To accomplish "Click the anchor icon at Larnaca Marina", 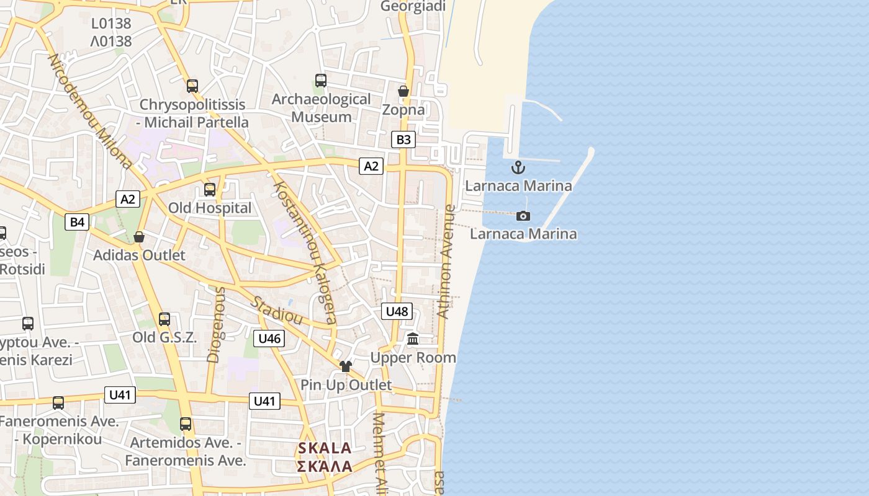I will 518,167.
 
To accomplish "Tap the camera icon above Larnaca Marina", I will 523,216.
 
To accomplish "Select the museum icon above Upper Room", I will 413,339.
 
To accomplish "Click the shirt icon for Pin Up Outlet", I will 346,366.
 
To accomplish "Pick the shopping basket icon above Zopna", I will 403,91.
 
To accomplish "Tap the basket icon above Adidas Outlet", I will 139,237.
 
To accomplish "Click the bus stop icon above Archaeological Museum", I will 320,81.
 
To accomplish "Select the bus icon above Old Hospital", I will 210,189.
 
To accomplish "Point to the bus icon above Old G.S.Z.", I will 164,319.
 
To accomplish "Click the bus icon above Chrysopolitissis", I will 192,86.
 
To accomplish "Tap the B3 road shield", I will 403,139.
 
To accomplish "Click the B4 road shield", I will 77,222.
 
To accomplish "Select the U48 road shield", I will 397,311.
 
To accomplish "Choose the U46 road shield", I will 269,339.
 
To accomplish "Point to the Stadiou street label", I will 277,311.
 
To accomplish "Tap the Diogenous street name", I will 215,324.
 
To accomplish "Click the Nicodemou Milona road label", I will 90,112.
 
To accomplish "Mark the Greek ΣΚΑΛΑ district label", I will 325,466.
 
